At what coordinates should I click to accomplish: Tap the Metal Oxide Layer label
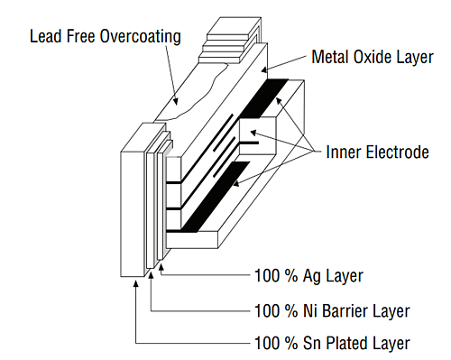pos(371,57)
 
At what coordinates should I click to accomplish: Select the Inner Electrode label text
pos(377,152)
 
